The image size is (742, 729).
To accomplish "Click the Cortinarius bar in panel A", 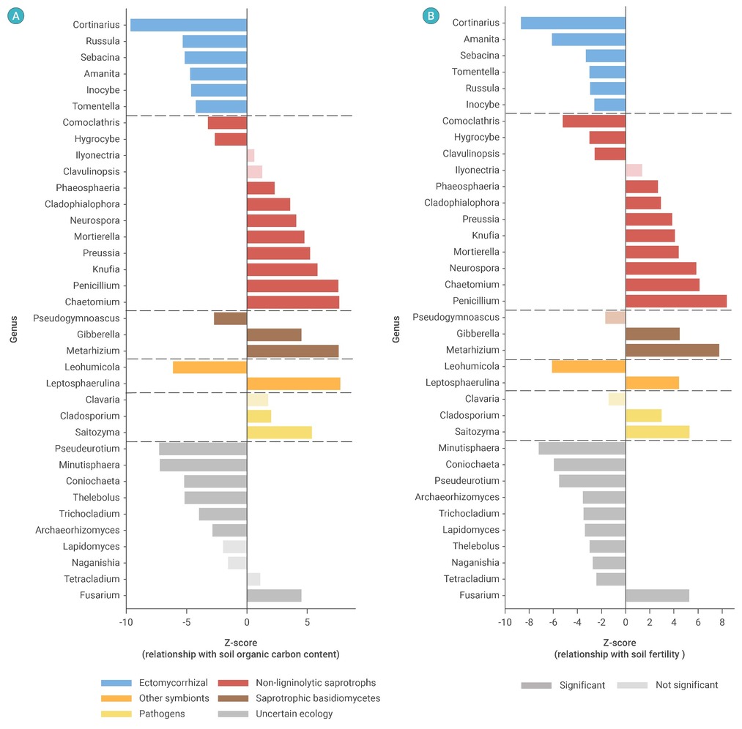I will [x=188, y=25].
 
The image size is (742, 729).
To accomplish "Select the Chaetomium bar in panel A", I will [x=293, y=302].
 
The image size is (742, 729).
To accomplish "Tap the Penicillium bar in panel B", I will [x=675, y=301].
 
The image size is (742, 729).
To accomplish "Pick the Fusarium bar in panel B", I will [x=657, y=595].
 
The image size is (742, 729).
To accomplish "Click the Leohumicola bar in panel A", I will [x=209, y=367].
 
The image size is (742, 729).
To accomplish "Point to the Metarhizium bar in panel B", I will [x=672, y=350].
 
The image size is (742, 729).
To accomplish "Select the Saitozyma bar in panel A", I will [x=279, y=432].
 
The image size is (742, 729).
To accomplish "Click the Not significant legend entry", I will [x=667, y=685].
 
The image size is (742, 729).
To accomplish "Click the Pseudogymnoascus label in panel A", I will [x=78, y=318].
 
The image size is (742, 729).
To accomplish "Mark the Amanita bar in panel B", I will [x=588, y=40].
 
